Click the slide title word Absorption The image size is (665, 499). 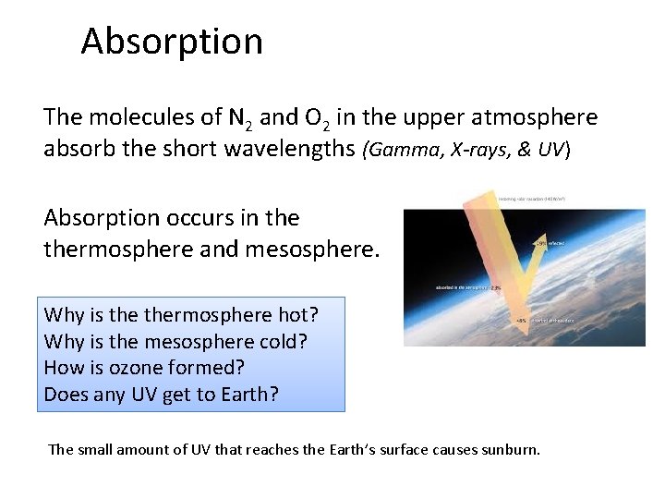click(172, 42)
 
